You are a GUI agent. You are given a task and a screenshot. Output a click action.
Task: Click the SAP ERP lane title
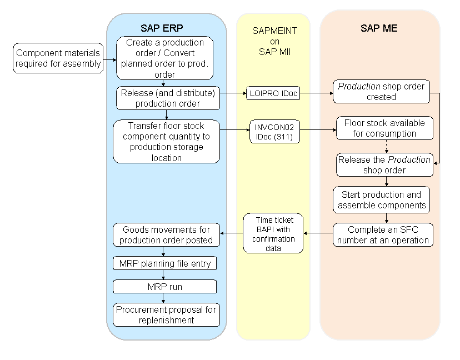[x=162, y=28]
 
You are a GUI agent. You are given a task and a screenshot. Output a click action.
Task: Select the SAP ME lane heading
[x=379, y=28]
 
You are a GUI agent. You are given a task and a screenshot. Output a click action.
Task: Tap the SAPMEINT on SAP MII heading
[x=274, y=42]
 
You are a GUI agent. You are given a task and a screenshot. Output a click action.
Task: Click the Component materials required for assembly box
[x=58, y=58]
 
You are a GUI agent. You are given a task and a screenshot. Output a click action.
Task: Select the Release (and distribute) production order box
[x=167, y=98]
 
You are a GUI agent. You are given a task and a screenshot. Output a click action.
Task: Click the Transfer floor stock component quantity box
[x=166, y=142]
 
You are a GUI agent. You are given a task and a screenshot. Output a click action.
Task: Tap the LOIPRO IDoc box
[x=273, y=94]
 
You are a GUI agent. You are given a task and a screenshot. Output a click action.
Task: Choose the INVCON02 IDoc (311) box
[x=274, y=131]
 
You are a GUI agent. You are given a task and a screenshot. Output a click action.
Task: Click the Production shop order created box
[x=381, y=92]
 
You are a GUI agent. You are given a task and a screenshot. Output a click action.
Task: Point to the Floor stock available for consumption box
[x=384, y=128]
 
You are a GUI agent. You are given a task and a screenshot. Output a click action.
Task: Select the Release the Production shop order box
[x=384, y=165]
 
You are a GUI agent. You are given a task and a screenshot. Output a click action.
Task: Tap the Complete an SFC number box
[x=383, y=234]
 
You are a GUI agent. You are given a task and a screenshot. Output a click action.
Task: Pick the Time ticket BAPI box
[x=273, y=233]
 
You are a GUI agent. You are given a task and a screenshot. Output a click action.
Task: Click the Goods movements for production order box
[x=167, y=234]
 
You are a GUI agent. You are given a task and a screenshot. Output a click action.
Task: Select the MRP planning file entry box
[x=165, y=263]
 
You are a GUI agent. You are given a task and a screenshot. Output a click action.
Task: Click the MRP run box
[x=164, y=287]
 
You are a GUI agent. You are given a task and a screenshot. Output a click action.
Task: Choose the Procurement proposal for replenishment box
[x=167, y=314]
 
